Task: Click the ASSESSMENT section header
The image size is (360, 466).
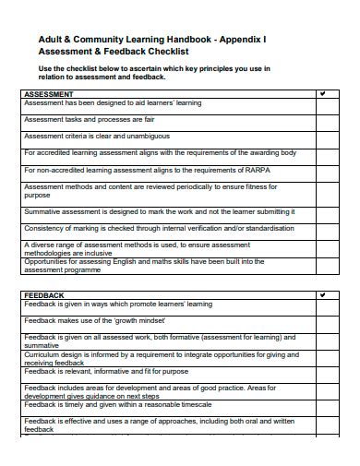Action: click(49, 94)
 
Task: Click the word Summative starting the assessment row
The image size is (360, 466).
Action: click(42, 210)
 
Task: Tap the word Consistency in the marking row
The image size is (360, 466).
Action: click(44, 227)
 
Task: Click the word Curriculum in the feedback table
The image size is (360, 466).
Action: click(42, 353)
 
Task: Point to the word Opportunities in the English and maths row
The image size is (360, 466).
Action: click(47, 261)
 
